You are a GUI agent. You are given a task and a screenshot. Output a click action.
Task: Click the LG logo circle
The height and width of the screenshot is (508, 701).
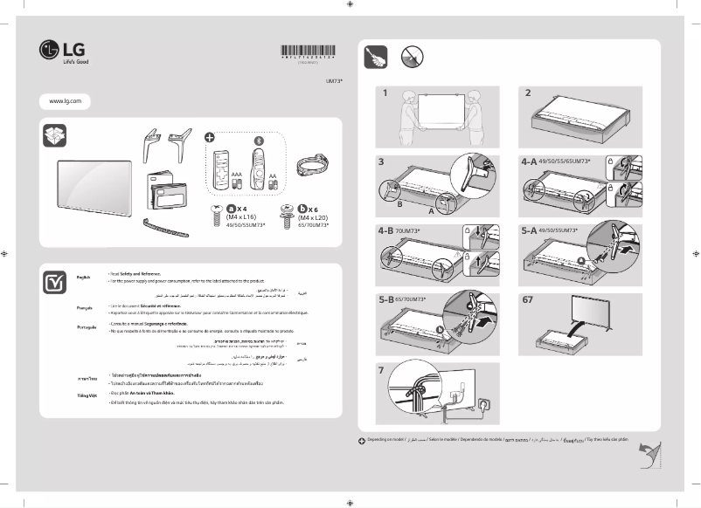click(49, 52)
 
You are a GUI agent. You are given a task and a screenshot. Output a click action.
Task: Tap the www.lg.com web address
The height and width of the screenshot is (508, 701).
click(66, 101)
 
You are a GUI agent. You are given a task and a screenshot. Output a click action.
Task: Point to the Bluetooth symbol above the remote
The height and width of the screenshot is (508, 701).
click(257, 141)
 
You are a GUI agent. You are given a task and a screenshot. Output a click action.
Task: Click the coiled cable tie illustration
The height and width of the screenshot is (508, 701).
click(310, 165)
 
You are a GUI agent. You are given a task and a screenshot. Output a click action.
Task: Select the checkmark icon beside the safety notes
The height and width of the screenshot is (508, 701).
click(53, 282)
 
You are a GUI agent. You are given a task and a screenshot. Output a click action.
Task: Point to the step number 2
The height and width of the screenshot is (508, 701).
click(527, 92)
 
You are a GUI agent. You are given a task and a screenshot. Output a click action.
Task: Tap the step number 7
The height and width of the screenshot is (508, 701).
click(382, 370)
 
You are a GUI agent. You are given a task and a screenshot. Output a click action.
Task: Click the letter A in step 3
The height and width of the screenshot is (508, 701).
click(432, 212)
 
